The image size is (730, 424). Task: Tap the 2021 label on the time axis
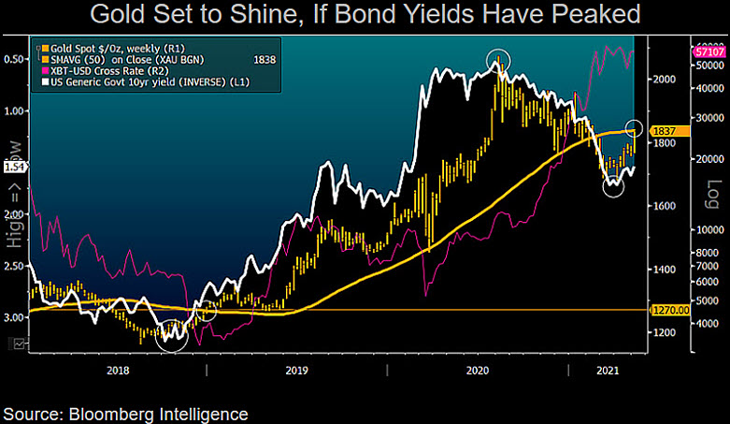(x=608, y=372)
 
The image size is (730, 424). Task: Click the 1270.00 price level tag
(x=670, y=309)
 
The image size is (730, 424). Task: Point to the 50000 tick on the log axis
(x=706, y=67)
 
